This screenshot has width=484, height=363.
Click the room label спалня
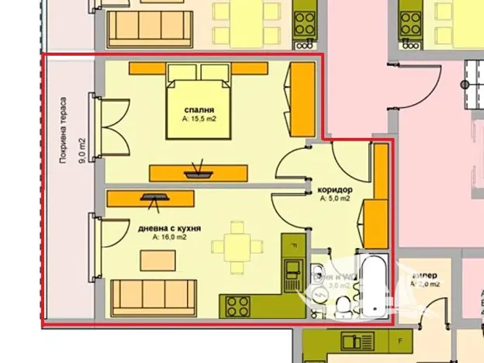[199, 110]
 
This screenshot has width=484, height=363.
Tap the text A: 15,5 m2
[199, 120]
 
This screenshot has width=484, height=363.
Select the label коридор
[335, 189]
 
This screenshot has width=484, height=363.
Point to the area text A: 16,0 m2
[170, 237]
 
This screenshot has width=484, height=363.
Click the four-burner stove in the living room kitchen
[237, 306]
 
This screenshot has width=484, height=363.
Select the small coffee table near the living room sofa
[152, 262]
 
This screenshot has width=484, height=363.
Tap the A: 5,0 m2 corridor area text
[335, 199]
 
